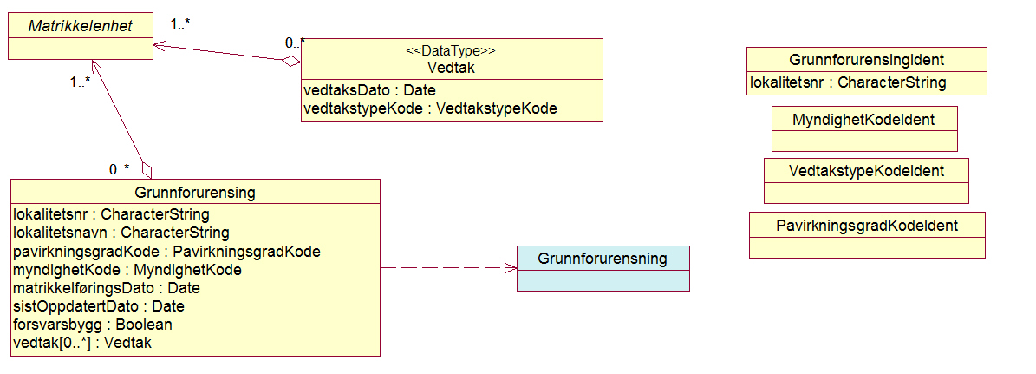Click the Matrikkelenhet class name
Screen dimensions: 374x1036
[x=80, y=26]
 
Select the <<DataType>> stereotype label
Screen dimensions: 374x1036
[x=451, y=51]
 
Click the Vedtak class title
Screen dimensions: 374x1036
[x=451, y=68]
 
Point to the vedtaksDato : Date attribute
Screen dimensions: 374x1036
[x=369, y=90]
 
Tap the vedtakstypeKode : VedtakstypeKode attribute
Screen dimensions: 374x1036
[x=430, y=108]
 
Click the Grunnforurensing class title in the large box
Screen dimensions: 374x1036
[x=195, y=192]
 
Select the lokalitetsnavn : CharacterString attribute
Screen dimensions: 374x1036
[x=121, y=233]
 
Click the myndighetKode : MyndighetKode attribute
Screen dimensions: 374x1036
[x=127, y=270]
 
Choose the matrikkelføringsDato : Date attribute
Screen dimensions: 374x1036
[x=107, y=288]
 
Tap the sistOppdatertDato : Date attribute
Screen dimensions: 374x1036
[x=99, y=306]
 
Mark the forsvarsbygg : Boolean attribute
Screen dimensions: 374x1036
[x=93, y=325]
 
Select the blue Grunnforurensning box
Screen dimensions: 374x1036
[x=603, y=268]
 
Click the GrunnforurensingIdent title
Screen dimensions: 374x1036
[x=866, y=60]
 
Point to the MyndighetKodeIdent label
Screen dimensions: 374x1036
[x=863, y=119]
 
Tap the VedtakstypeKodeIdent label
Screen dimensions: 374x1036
[x=866, y=170]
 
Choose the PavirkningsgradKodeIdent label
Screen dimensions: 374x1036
[x=866, y=225]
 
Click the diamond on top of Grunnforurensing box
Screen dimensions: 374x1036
[x=147, y=169]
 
